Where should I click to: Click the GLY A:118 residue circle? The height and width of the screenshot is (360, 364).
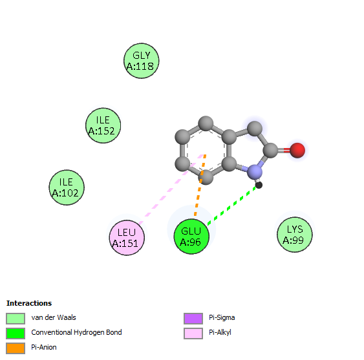pyautogui.click(x=142, y=61)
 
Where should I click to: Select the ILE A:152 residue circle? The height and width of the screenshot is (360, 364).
pyautogui.click(x=103, y=125)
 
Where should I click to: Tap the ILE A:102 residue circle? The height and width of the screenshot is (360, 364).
pyautogui.click(x=67, y=187)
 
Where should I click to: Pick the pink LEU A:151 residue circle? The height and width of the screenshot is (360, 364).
pyautogui.click(x=127, y=238)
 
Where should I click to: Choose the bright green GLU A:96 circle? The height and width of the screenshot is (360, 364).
pyautogui.click(x=191, y=237)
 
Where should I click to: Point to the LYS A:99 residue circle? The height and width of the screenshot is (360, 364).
pyautogui.click(x=295, y=235)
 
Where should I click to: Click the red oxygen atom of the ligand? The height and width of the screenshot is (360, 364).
pyautogui.click(x=297, y=151)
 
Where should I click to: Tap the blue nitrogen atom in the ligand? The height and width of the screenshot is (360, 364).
pyautogui.click(x=255, y=172)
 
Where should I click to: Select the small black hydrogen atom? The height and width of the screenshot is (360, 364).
pyautogui.click(x=259, y=185)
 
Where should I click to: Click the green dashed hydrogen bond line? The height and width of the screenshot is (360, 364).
pyautogui.click(x=231, y=206)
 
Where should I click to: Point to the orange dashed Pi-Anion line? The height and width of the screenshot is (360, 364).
pyautogui.click(x=200, y=185)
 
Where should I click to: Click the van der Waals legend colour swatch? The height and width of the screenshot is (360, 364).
pyautogui.click(x=16, y=319)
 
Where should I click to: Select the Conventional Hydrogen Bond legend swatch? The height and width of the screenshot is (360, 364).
pyautogui.click(x=16, y=334)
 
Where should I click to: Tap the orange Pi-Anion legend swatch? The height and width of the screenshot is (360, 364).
pyautogui.click(x=16, y=348)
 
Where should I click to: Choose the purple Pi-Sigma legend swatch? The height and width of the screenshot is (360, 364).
pyautogui.click(x=193, y=319)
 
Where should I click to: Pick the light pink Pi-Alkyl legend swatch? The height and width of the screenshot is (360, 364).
pyautogui.click(x=193, y=334)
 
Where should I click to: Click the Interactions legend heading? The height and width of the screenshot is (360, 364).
pyautogui.click(x=29, y=303)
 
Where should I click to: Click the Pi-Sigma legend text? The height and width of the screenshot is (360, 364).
pyautogui.click(x=222, y=317)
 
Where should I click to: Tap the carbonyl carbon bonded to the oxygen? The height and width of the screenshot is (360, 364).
pyautogui.click(x=270, y=151)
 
